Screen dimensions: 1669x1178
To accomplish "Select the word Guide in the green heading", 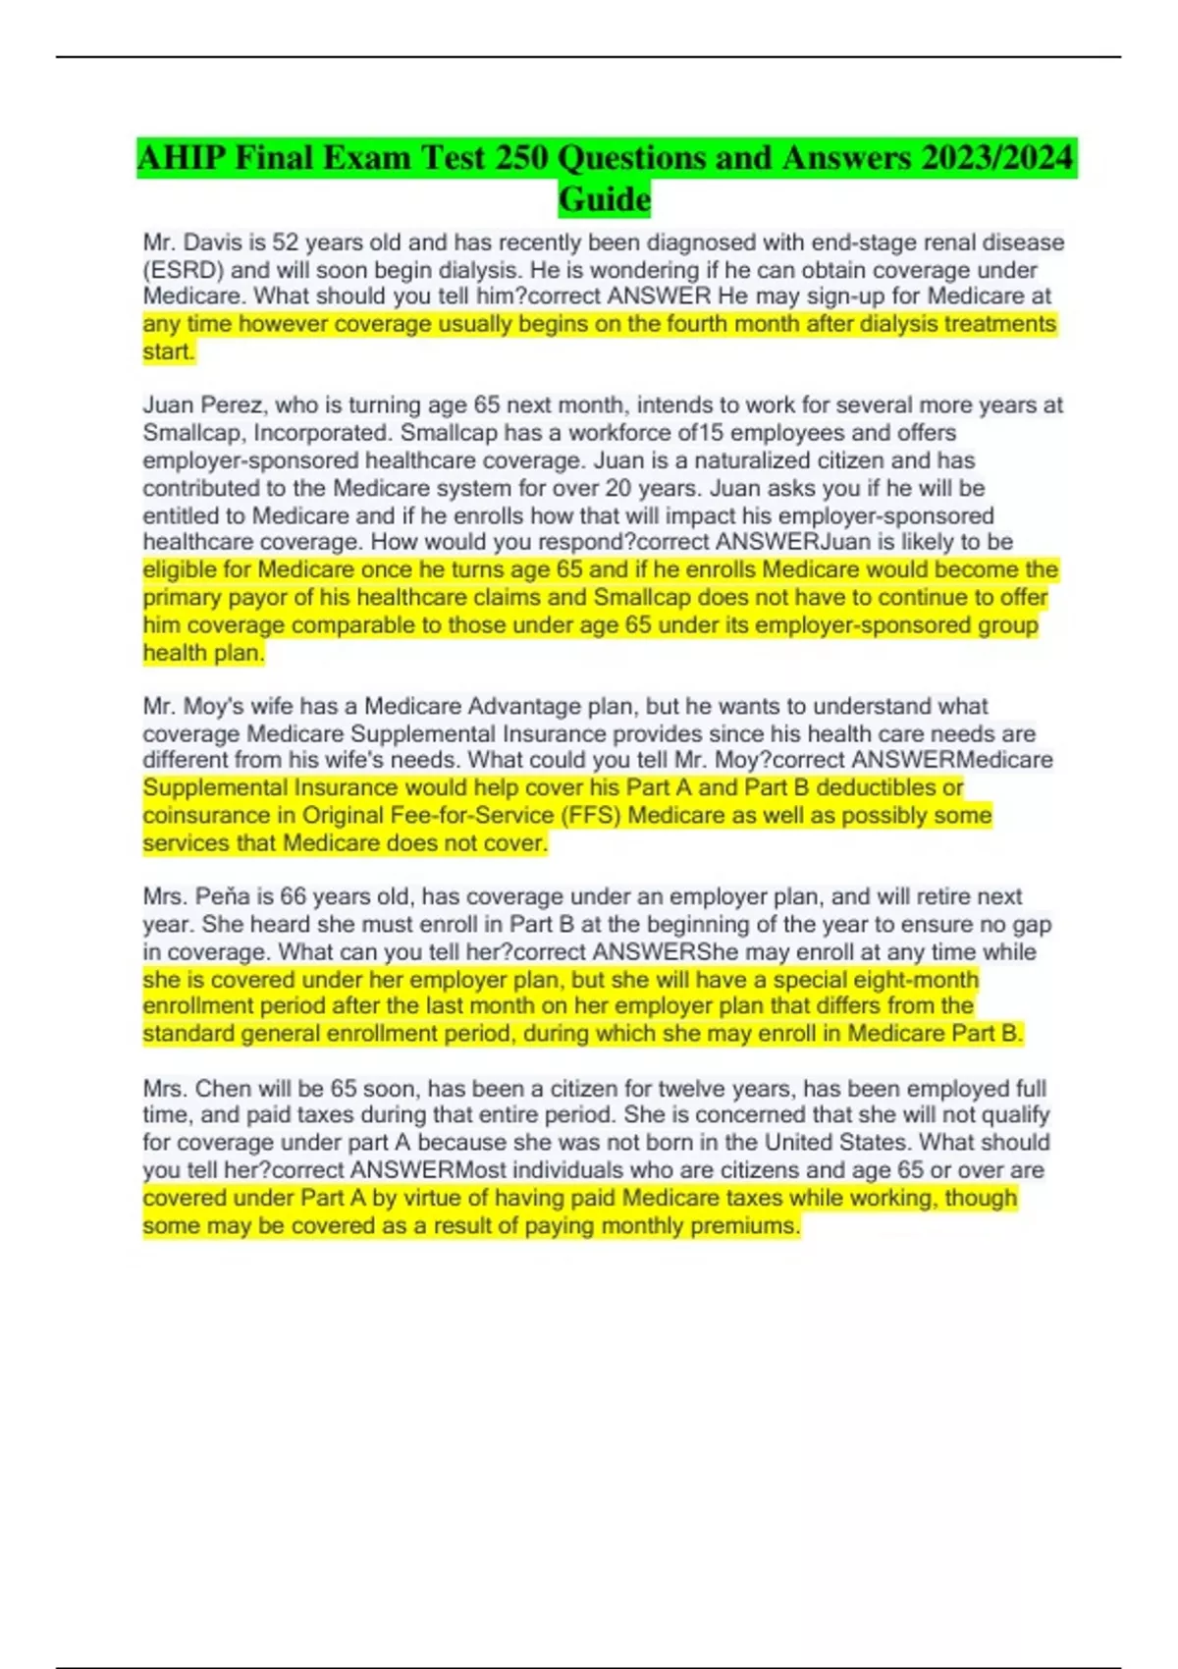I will coord(605,199).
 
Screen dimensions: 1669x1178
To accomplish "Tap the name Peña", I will coord(221,897).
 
